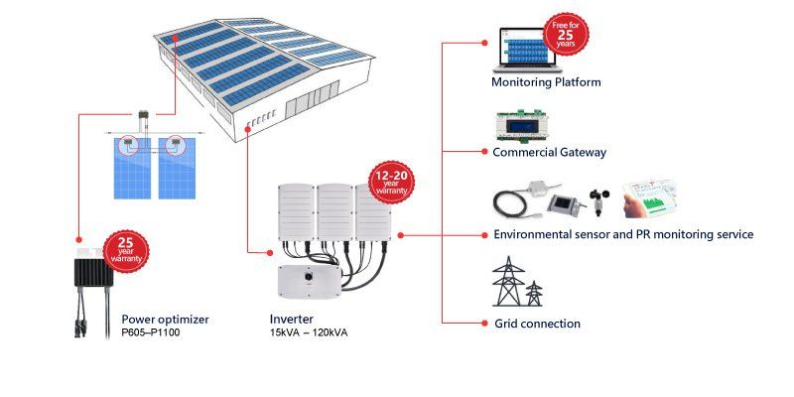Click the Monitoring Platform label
[x=546, y=82]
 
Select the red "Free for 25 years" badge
[x=566, y=35]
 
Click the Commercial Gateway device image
[x=522, y=126]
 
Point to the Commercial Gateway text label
[x=550, y=152]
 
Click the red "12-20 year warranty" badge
[x=391, y=184]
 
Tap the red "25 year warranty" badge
[x=126, y=252]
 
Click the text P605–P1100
[x=151, y=333]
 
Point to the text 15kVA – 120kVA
[x=309, y=333]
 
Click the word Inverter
[x=291, y=320]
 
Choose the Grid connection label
[x=537, y=324]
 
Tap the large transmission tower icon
[x=509, y=281]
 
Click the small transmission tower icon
[x=534, y=293]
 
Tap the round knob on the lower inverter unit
[x=308, y=278]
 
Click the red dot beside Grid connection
[x=484, y=324]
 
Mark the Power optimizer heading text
[x=165, y=320]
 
